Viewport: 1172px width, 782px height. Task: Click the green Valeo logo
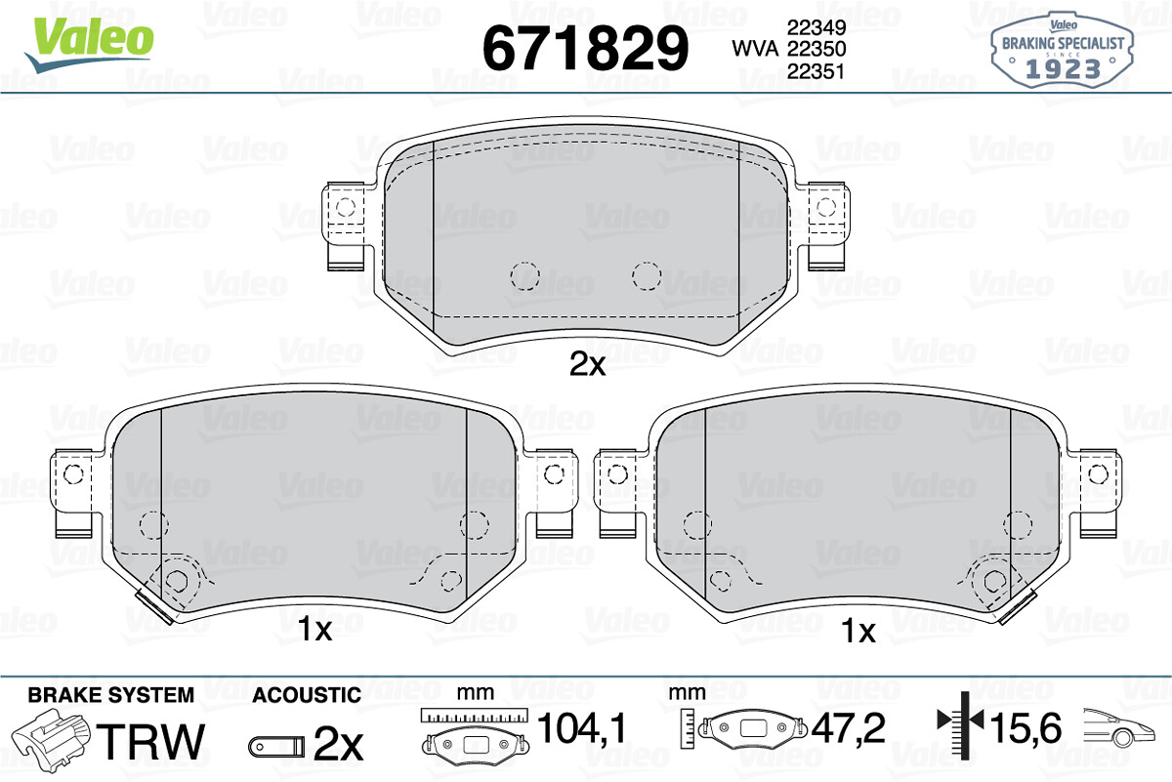pos(90,45)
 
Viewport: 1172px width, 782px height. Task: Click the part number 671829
pos(585,49)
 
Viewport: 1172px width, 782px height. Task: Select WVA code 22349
pos(816,27)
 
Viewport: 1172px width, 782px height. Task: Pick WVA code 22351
pos(816,71)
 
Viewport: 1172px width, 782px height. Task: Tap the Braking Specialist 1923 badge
pos(1062,51)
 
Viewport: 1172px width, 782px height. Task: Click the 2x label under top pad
pos(587,364)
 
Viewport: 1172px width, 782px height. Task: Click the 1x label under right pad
pos(858,632)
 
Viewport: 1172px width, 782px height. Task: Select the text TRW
pos(151,741)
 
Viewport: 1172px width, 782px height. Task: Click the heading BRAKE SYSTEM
pos(111,695)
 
